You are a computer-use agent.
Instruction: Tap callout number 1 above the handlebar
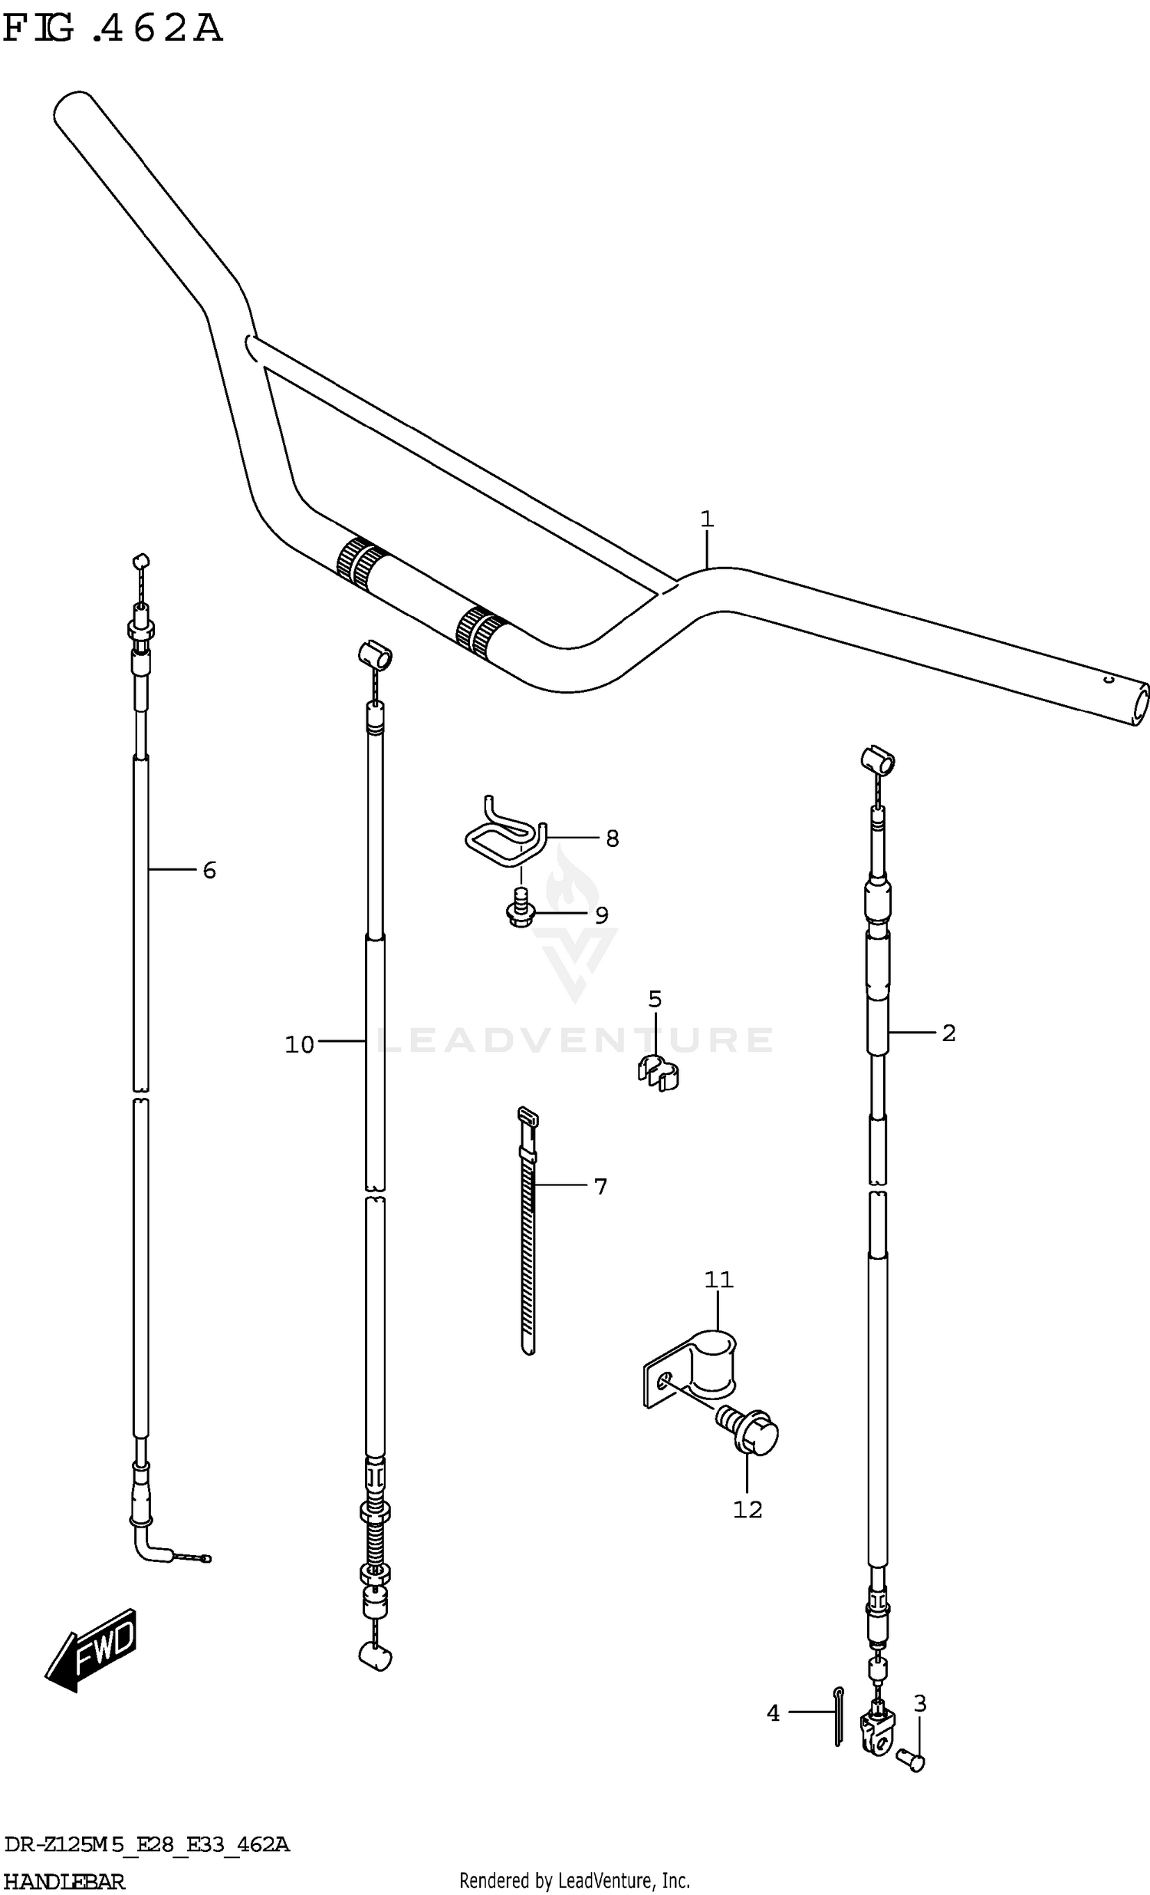point(706,519)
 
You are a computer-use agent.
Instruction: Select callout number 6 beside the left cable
point(209,870)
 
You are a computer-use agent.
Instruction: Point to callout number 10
point(299,1044)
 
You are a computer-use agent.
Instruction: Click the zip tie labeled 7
point(527,1231)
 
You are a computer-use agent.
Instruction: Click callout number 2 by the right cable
point(948,1033)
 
